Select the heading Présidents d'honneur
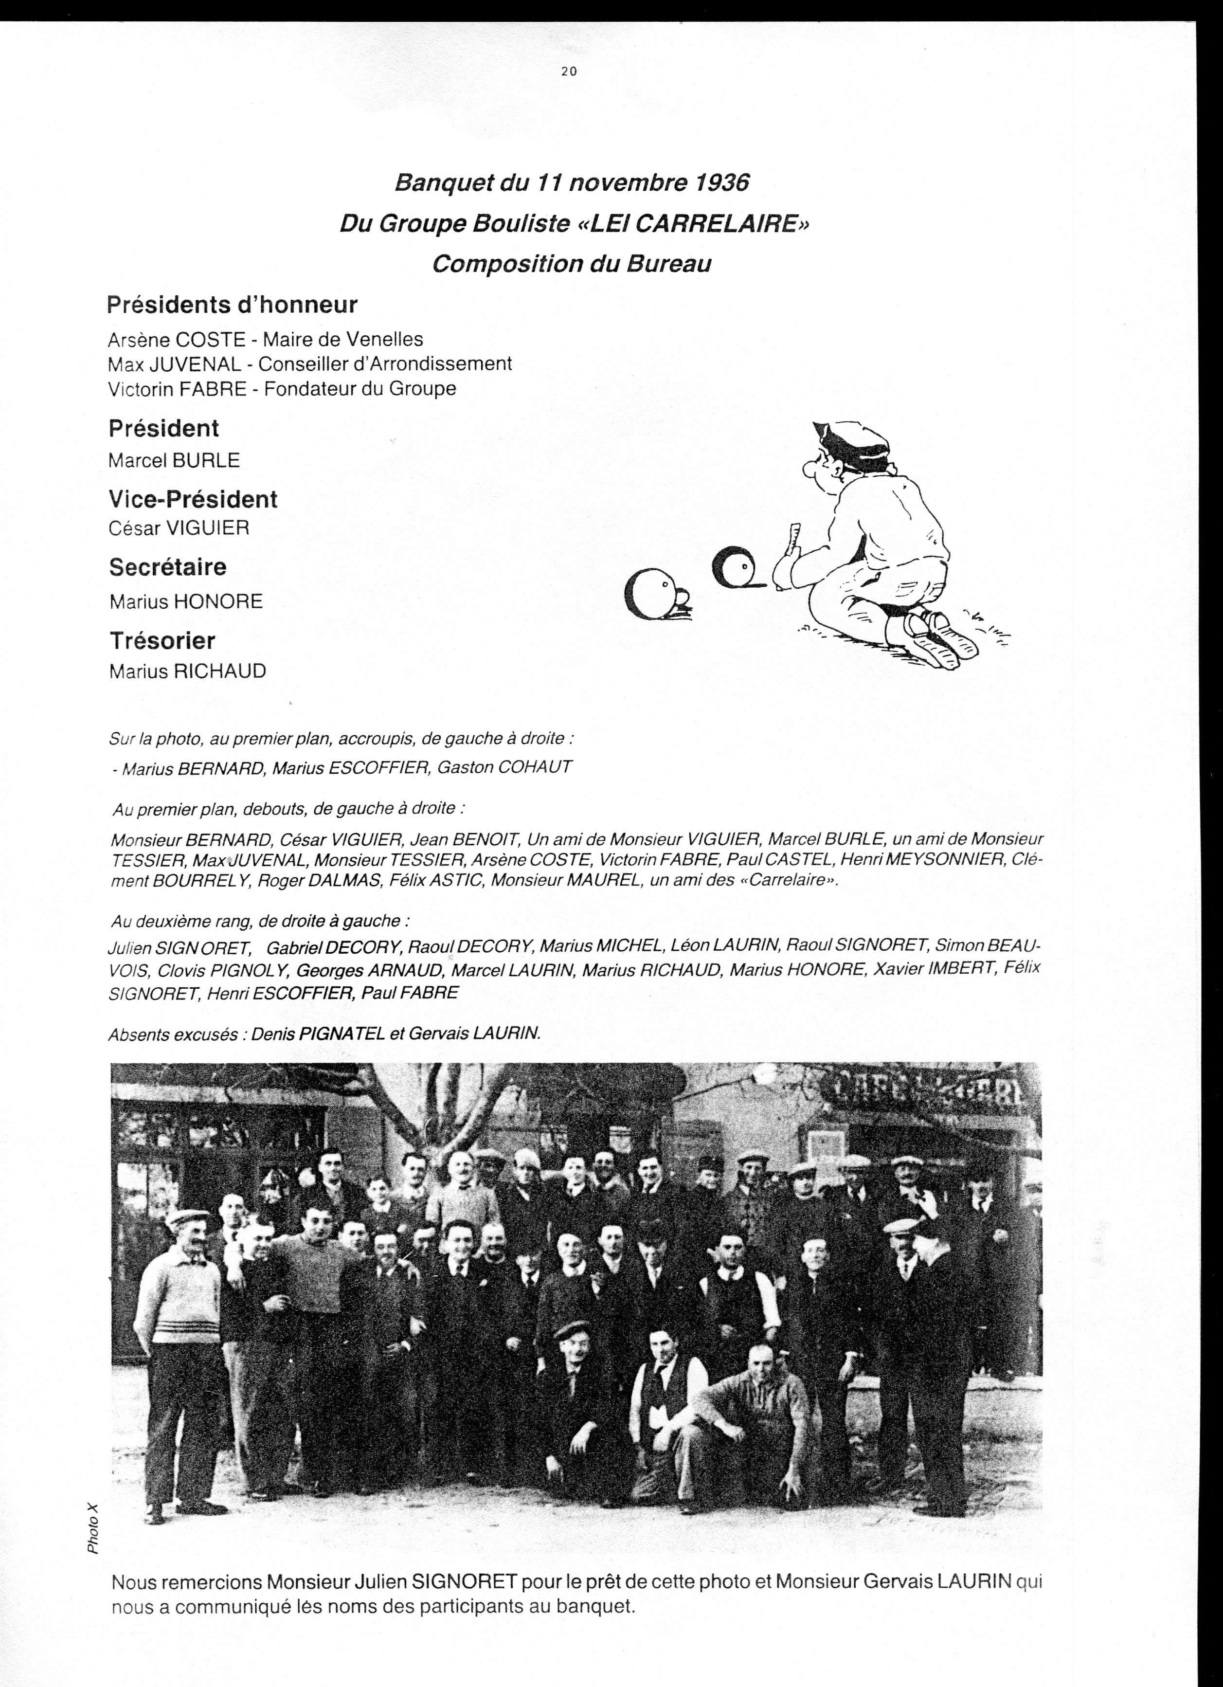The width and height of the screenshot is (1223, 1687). pos(232,304)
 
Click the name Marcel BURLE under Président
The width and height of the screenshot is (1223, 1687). pos(174,460)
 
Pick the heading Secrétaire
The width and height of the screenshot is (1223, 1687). pos(167,567)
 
